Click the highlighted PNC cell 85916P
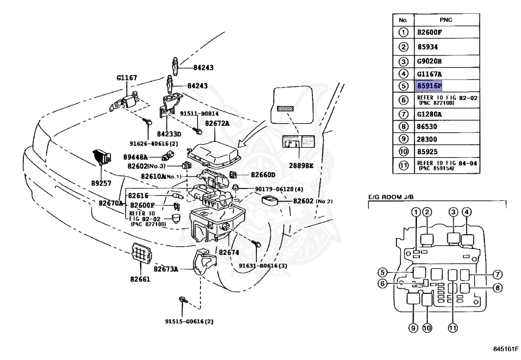(x=430, y=86)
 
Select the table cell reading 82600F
(x=430, y=33)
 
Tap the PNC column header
(x=446, y=20)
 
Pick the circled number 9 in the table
(x=403, y=139)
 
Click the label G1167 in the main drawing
(x=127, y=78)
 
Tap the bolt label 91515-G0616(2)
(x=189, y=321)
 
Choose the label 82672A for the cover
(x=217, y=123)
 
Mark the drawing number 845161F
(x=505, y=350)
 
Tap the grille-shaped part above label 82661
(x=141, y=253)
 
